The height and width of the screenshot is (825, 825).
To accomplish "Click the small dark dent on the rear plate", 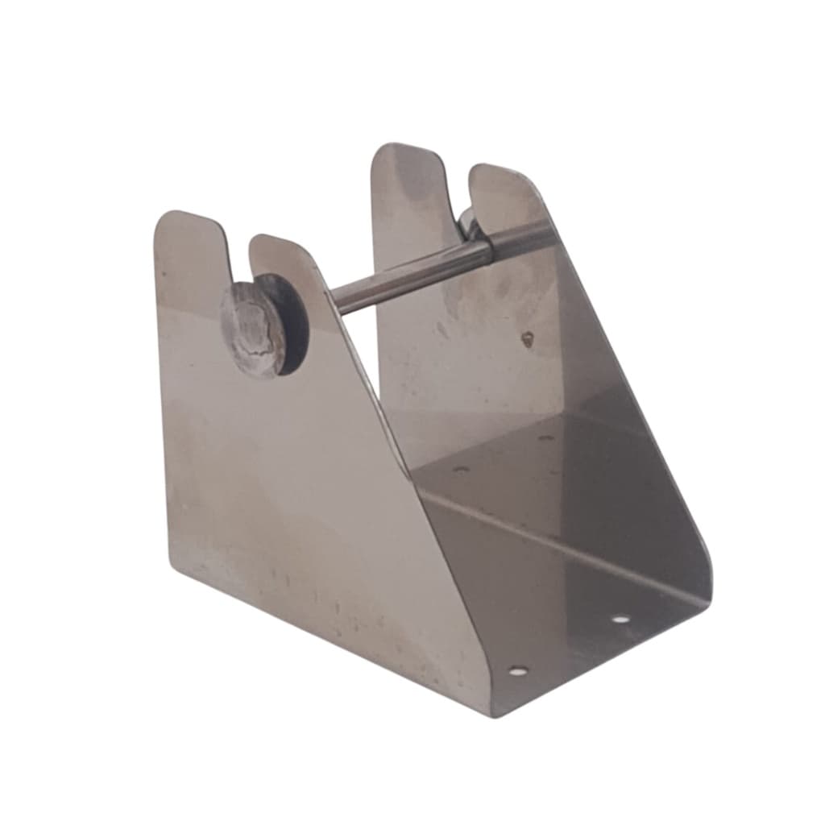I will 528,338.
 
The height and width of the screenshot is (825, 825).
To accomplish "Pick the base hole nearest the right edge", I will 620,619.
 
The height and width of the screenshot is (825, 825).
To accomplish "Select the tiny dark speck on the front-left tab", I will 164,274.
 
